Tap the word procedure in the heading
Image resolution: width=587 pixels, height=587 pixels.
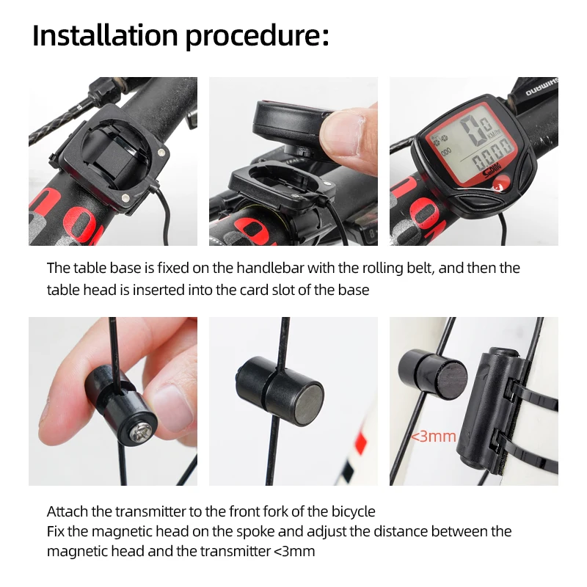coord(252,36)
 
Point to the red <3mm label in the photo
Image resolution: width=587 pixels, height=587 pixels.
coord(434,437)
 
